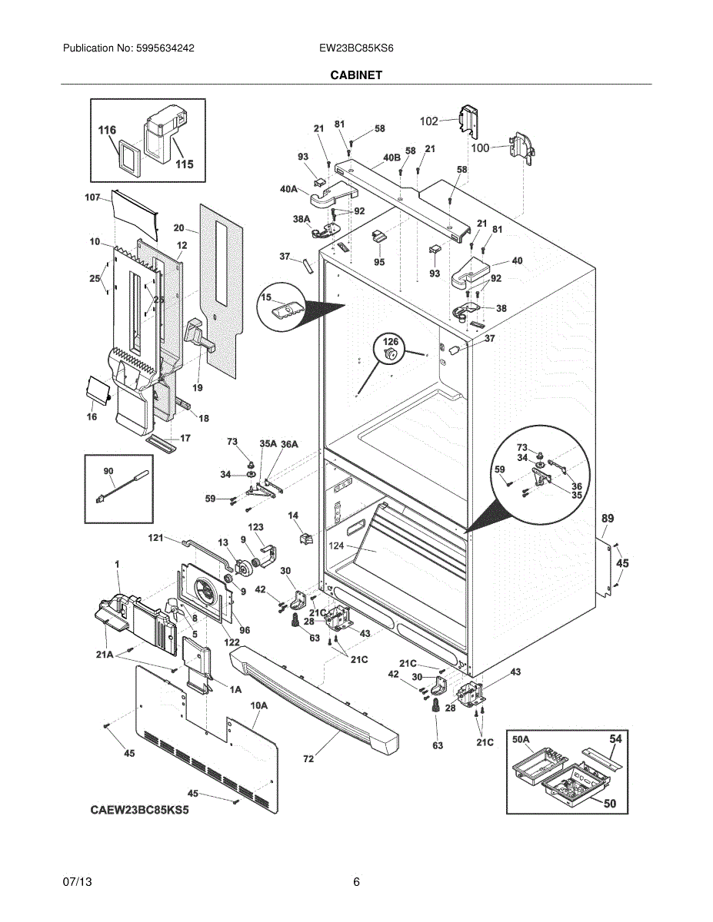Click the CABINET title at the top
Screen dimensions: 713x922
point(356,75)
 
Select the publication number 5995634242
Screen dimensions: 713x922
point(165,48)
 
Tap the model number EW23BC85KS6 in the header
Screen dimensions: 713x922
point(356,48)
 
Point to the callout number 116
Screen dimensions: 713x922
point(107,130)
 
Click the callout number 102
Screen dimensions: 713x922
point(428,121)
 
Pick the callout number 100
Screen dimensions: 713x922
point(480,148)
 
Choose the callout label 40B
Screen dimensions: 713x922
point(391,158)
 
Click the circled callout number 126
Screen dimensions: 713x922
point(391,342)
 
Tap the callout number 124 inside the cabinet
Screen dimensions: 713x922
point(336,546)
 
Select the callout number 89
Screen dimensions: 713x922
point(608,518)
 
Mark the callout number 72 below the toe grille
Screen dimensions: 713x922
point(308,758)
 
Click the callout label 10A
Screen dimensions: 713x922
point(258,705)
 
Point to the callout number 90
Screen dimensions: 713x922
point(108,470)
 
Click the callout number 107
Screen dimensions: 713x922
point(92,197)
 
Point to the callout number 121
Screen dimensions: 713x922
point(155,538)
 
